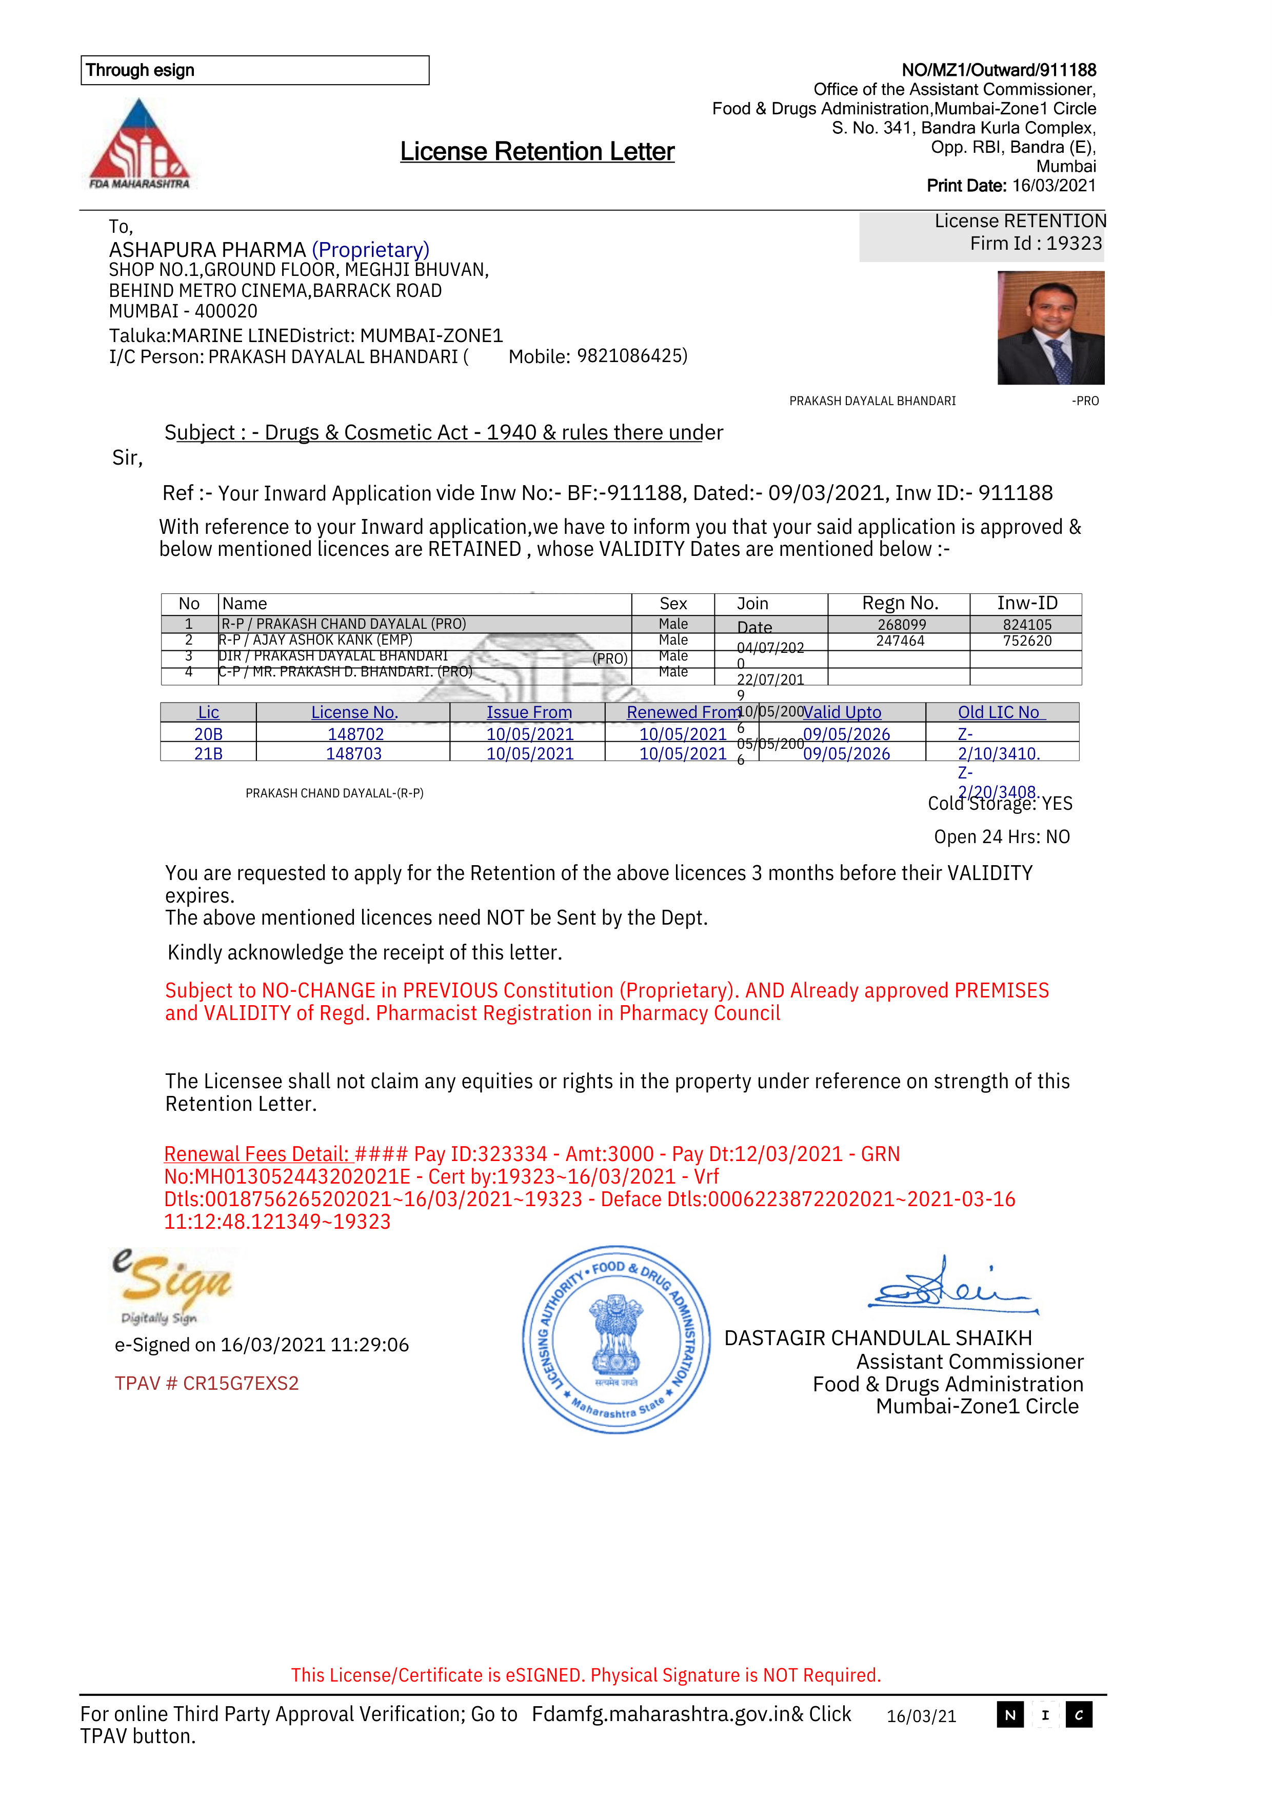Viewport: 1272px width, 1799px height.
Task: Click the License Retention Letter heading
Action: coord(537,151)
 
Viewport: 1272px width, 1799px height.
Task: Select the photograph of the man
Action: coord(1050,328)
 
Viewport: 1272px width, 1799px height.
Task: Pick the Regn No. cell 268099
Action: coord(901,625)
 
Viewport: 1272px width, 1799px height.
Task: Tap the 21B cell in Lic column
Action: coord(208,754)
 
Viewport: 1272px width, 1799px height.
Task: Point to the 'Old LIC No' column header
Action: coord(1001,712)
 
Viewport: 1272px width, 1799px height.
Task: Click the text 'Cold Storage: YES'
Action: coord(1000,804)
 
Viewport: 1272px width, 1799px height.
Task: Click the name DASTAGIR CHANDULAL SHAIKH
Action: coord(878,1338)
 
